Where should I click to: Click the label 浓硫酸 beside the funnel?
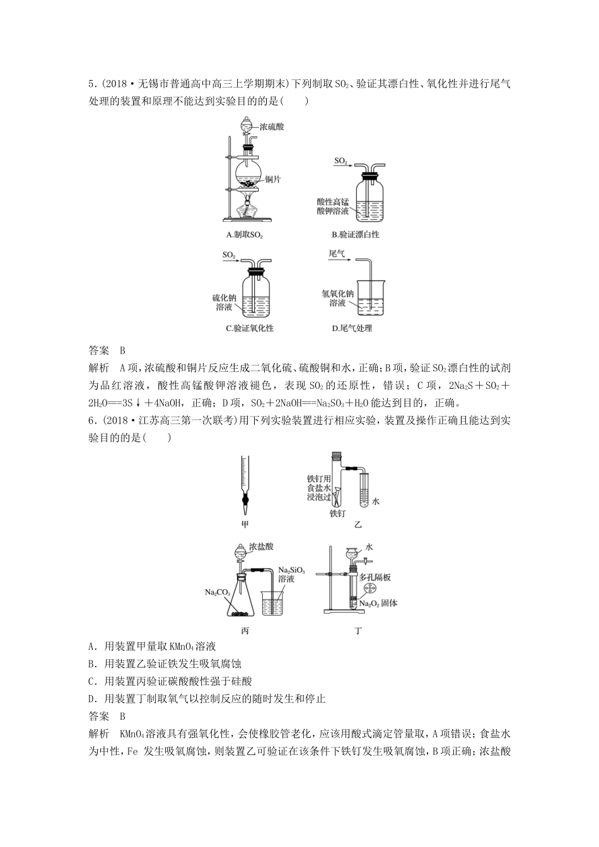click(x=272, y=127)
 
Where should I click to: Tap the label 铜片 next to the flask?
click(x=273, y=180)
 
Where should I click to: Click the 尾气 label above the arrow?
click(x=337, y=253)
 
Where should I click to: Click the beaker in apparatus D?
click(x=365, y=297)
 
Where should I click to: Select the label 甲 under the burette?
click(x=245, y=524)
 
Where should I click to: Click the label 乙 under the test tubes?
click(x=358, y=524)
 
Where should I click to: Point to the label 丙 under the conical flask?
click(x=245, y=630)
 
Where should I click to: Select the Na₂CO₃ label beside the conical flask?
click(x=217, y=592)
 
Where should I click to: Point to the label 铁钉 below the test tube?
click(x=337, y=513)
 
